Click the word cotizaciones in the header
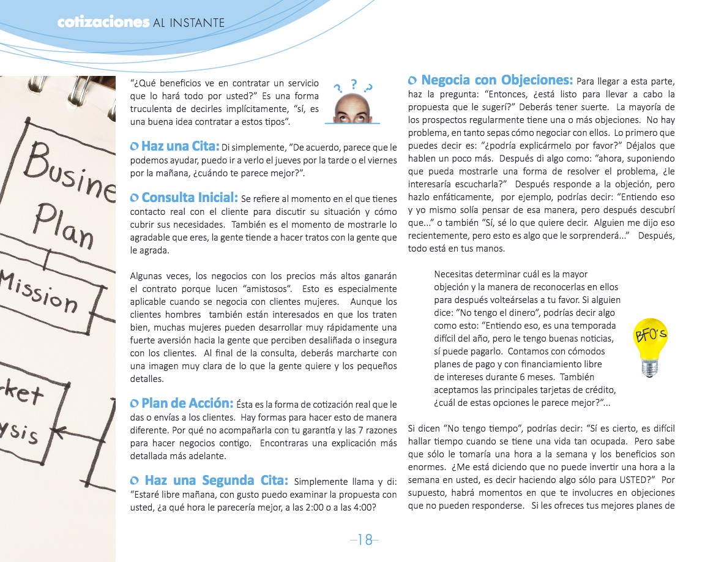point(103,23)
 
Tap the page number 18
point(365,539)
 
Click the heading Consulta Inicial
point(190,198)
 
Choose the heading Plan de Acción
point(187,403)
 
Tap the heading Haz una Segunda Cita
point(217,480)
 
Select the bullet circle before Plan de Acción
point(135,404)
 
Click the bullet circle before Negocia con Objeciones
point(412,81)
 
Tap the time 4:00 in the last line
point(365,507)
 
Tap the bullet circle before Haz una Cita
point(135,147)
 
